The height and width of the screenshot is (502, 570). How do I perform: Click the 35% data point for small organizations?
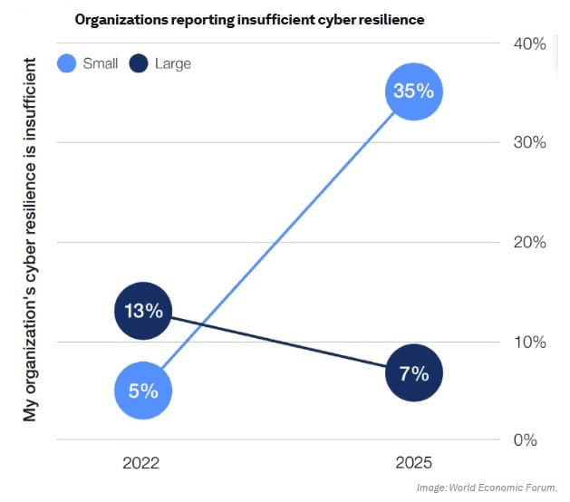pyautogui.click(x=414, y=92)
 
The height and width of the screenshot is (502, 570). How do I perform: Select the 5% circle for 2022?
pyautogui.click(x=143, y=391)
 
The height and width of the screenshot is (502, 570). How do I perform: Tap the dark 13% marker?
pyautogui.click(x=143, y=311)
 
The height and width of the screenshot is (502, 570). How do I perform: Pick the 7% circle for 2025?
pyautogui.click(x=414, y=372)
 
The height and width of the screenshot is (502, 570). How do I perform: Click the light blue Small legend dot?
pyautogui.click(x=67, y=64)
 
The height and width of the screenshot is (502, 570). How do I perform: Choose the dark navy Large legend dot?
pyautogui.click(x=139, y=64)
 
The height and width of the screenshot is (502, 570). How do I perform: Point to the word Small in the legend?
pyautogui.click(x=100, y=64)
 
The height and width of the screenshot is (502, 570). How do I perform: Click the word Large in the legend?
pyautogui.click(x=173, y=64)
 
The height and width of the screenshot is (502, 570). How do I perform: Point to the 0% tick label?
pyautogui.click(x=527, y=441)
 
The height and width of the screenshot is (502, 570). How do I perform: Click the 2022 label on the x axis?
pyautogui.click(x=141, y=462)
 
